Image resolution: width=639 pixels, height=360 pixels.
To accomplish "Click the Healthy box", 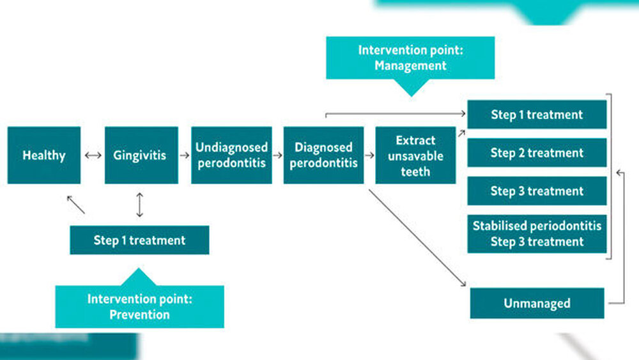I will point(44,155).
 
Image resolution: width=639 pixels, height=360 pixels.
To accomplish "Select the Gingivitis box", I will point(141,155).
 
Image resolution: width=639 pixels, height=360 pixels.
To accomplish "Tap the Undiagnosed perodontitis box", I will point(231,155).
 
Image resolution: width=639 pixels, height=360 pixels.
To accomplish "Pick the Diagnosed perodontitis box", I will point(323,155).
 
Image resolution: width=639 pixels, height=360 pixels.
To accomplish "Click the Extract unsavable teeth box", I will point(415,155).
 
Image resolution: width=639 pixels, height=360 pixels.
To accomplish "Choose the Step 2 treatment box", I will point(537,153).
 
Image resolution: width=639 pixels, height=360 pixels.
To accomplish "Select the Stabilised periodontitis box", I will point(537,233).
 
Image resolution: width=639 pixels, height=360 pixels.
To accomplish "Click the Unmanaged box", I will point(537,303).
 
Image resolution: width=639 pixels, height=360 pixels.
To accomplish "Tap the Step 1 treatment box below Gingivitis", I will point(139,240).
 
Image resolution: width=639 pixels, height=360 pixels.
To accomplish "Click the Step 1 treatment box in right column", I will point(537,115).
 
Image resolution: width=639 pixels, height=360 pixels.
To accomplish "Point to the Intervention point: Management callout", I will point(410,58).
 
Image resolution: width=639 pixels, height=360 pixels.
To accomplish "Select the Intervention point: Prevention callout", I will point(139,306).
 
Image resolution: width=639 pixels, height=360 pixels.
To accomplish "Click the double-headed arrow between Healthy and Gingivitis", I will point(93,155).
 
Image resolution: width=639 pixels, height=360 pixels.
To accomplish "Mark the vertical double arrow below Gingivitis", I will point(140,205).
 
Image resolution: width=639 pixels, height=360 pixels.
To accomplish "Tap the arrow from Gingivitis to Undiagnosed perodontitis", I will point(185,155).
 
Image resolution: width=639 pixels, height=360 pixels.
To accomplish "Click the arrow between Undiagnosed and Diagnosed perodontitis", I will point(277,155).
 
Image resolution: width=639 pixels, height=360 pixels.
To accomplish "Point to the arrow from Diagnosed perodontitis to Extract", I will point(369,155).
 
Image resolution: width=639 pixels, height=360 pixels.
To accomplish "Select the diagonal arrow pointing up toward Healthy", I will point(75,205).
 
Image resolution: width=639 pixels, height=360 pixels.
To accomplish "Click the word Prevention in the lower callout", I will point(139,315).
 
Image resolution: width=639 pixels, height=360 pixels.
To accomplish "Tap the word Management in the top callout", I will point(410,65).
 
